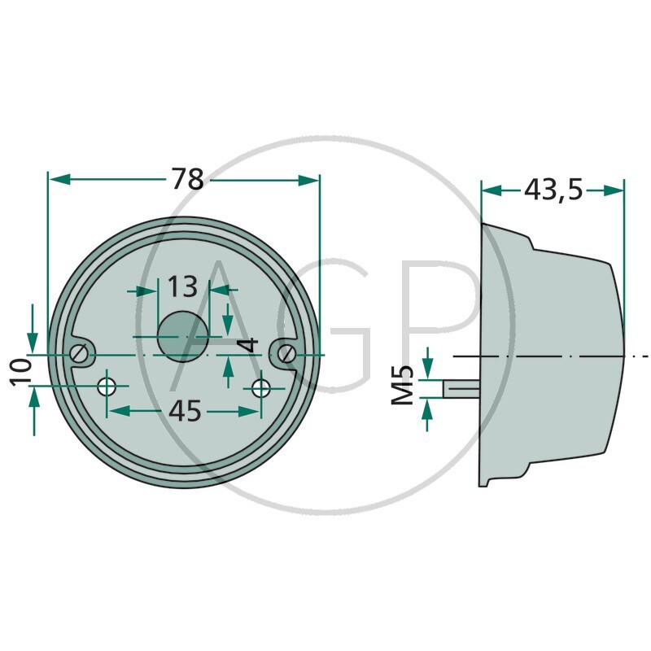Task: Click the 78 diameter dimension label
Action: click(x=188, y=179)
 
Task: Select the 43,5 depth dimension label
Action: click(x=553, y=190)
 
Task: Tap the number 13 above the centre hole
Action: click(x=182, y=287)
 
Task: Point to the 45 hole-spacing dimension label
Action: click(x=186, y=411)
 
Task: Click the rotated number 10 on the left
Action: click(x=22, y=373)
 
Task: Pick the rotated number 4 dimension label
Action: click(x=249, y=345)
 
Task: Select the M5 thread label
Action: click(x=403, y=385)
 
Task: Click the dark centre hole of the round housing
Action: click(x=182, y=336)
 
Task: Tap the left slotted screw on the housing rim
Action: click(x=79, y=354)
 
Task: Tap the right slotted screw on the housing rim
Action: click(x=287, y=354)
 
